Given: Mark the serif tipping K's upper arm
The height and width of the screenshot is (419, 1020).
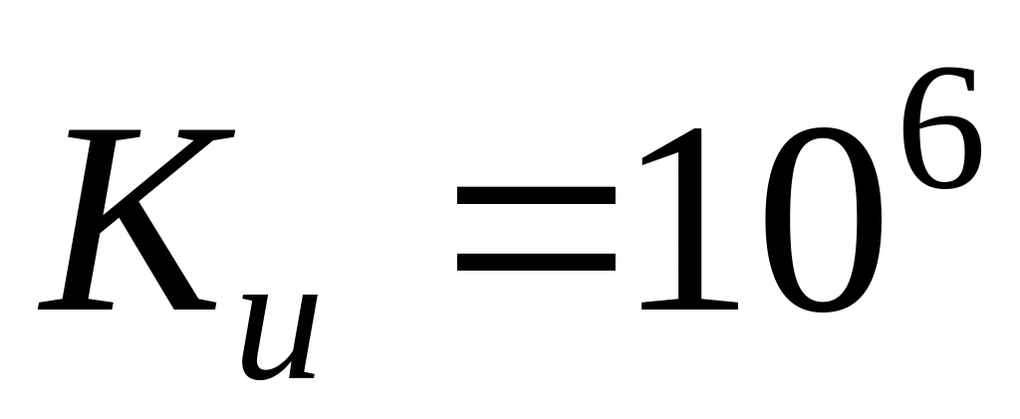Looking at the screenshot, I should tap(209, 134).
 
